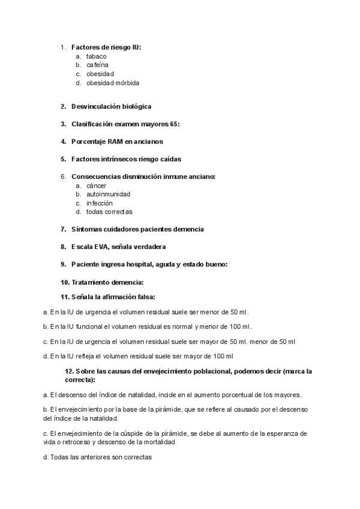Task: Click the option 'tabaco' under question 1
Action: (x=96, y=56)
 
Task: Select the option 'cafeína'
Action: (x=97, y=65)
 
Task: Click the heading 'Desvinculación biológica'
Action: (x=111, y=106)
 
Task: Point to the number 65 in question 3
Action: (x=174, y=124)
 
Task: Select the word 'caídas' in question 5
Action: (x=168, y=159)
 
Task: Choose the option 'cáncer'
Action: (x=96, y=186)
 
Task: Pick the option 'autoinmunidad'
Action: (x=108, y=194)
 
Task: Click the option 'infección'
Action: (x=99, y=203)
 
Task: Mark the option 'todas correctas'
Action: (x=109, y=212)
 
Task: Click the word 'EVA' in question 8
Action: (x=100, y=247)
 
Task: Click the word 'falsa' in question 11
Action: (x=145, y=297)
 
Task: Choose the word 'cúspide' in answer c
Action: (x=133, y=433)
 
